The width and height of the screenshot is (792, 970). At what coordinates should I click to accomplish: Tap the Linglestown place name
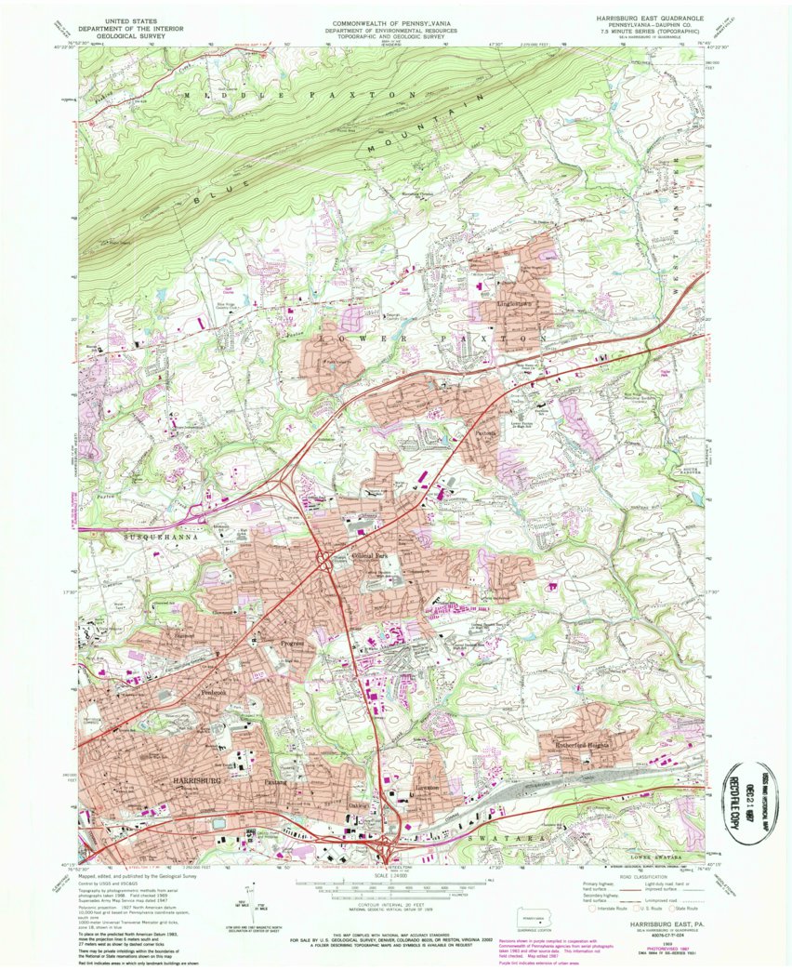pyautogui.click(x=517, y=304)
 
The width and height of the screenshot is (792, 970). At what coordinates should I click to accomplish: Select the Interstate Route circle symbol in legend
pyautogui.click(x=590, y=910)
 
